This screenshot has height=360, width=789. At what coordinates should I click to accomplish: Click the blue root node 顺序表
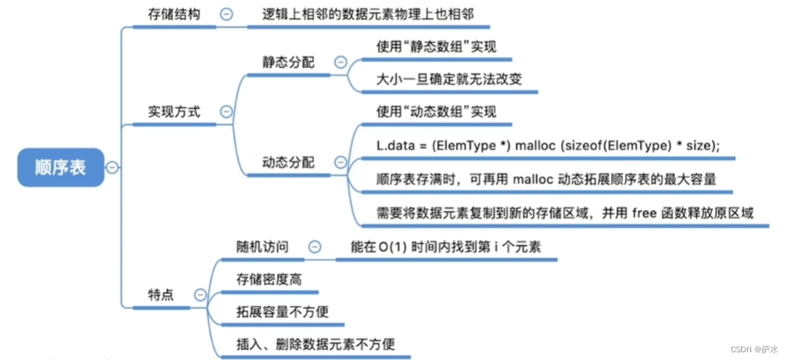coord(60,167)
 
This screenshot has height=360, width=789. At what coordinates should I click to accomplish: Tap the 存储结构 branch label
coord(174,14)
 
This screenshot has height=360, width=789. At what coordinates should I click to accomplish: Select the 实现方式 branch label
coord(174,112)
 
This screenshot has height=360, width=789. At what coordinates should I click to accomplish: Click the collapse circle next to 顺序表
coord(112,167)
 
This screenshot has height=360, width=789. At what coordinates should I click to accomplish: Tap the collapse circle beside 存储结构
coord(227,14)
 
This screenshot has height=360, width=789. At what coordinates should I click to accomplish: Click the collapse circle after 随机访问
coord(316,246)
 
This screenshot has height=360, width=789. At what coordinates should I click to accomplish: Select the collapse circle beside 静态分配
coord(341,62)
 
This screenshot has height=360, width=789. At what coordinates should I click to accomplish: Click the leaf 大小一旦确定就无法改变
coord(450,79)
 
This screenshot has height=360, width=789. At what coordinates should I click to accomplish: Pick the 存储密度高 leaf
coord(269,279)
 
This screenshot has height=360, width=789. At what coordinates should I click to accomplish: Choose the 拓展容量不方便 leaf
coord(283,311)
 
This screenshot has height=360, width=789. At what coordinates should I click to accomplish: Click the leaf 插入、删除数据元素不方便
coord(316,344)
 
